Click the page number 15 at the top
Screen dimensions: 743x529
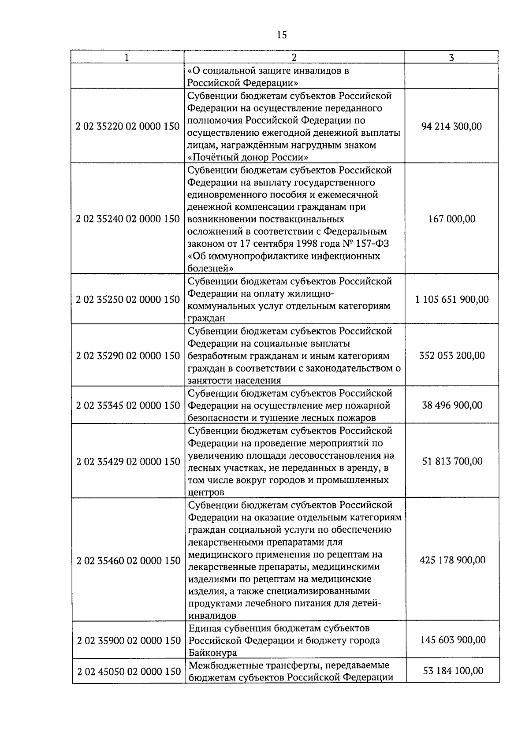pos(282,35)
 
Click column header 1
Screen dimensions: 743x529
pos(127,57)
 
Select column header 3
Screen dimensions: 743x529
pos(451,57)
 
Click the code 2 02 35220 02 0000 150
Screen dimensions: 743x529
pos(128,126)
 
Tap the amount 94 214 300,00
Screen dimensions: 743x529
pos(451,126)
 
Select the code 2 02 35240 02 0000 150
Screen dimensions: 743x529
pos(128,219)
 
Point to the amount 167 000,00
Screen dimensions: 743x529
pos(451,219)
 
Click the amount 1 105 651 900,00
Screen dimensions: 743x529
pos(451,300)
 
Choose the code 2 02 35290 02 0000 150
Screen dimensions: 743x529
pos(128,356)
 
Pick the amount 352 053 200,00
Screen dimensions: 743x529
pos(451,356)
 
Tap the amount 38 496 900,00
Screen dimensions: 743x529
pos(451,405)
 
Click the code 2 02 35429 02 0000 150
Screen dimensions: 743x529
pos(128,462)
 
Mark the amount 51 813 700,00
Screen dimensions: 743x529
pos(451,461)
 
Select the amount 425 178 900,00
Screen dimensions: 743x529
pos(451,560)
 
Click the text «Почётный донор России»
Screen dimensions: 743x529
pos(248,157)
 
